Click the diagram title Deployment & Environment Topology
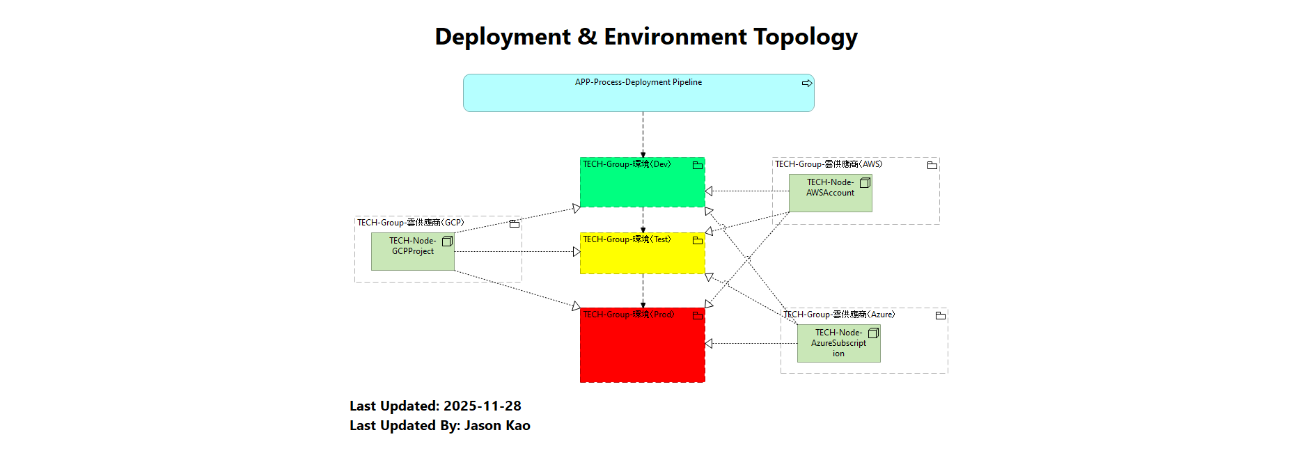645,36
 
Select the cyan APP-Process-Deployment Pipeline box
638,97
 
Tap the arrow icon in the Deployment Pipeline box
806,83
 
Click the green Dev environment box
641,186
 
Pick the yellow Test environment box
641,257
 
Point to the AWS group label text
828,164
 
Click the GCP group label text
410,223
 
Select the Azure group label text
838,315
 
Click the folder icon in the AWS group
932,166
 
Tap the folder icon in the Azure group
940,316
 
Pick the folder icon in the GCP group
514,224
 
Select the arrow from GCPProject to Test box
515,252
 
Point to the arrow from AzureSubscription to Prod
752,343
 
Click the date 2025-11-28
482,406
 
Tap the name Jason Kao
496,425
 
